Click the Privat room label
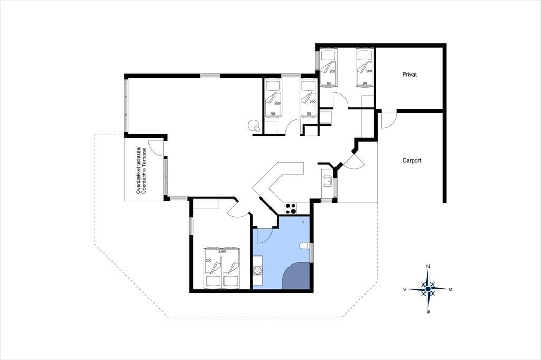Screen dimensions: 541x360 point(409,74)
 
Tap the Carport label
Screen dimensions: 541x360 point(412,160)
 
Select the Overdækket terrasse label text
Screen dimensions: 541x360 point(139,170)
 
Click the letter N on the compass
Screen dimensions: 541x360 point(428,266)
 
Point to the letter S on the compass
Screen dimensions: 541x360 point(428,312)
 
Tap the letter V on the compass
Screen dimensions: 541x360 point(404,289)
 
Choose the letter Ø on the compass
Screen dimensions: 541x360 point(450,289)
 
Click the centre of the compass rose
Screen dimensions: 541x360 point(428,289)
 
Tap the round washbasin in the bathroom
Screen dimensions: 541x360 point(257,270)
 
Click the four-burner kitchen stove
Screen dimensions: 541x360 point(291,209)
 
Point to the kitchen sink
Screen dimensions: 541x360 point(327,181)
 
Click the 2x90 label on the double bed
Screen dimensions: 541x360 point(222,252)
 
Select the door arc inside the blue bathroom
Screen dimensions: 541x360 point(265,237)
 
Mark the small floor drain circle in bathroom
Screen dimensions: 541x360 point(303,222)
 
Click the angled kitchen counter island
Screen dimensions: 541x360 point(276,183)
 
